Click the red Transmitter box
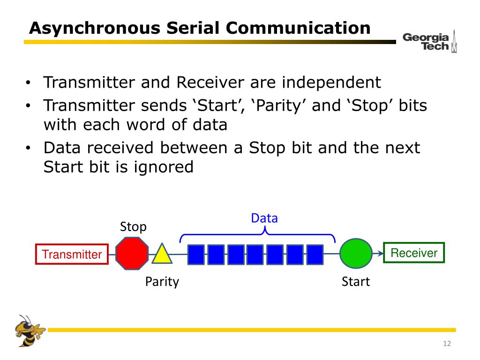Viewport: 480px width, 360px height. click(72, 255)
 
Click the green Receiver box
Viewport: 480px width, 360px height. click(414, 253)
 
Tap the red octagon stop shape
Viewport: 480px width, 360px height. click(132, 253)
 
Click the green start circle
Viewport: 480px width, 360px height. click(356, 253)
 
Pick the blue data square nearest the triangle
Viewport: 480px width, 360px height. click(196, 255)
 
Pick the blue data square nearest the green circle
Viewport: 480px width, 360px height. click(315, 255)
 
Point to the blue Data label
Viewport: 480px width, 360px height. click(264, 218)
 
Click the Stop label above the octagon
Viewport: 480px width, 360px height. click(133, 227)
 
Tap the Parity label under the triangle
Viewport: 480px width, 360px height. click(162, 282)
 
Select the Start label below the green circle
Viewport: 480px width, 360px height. click(356, 282)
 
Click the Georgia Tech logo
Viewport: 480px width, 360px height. click(429, 42)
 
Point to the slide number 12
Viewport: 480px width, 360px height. click(446, 345)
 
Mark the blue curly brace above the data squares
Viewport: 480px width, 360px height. click(258, 234)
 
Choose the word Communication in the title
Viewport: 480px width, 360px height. click(298, 28)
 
